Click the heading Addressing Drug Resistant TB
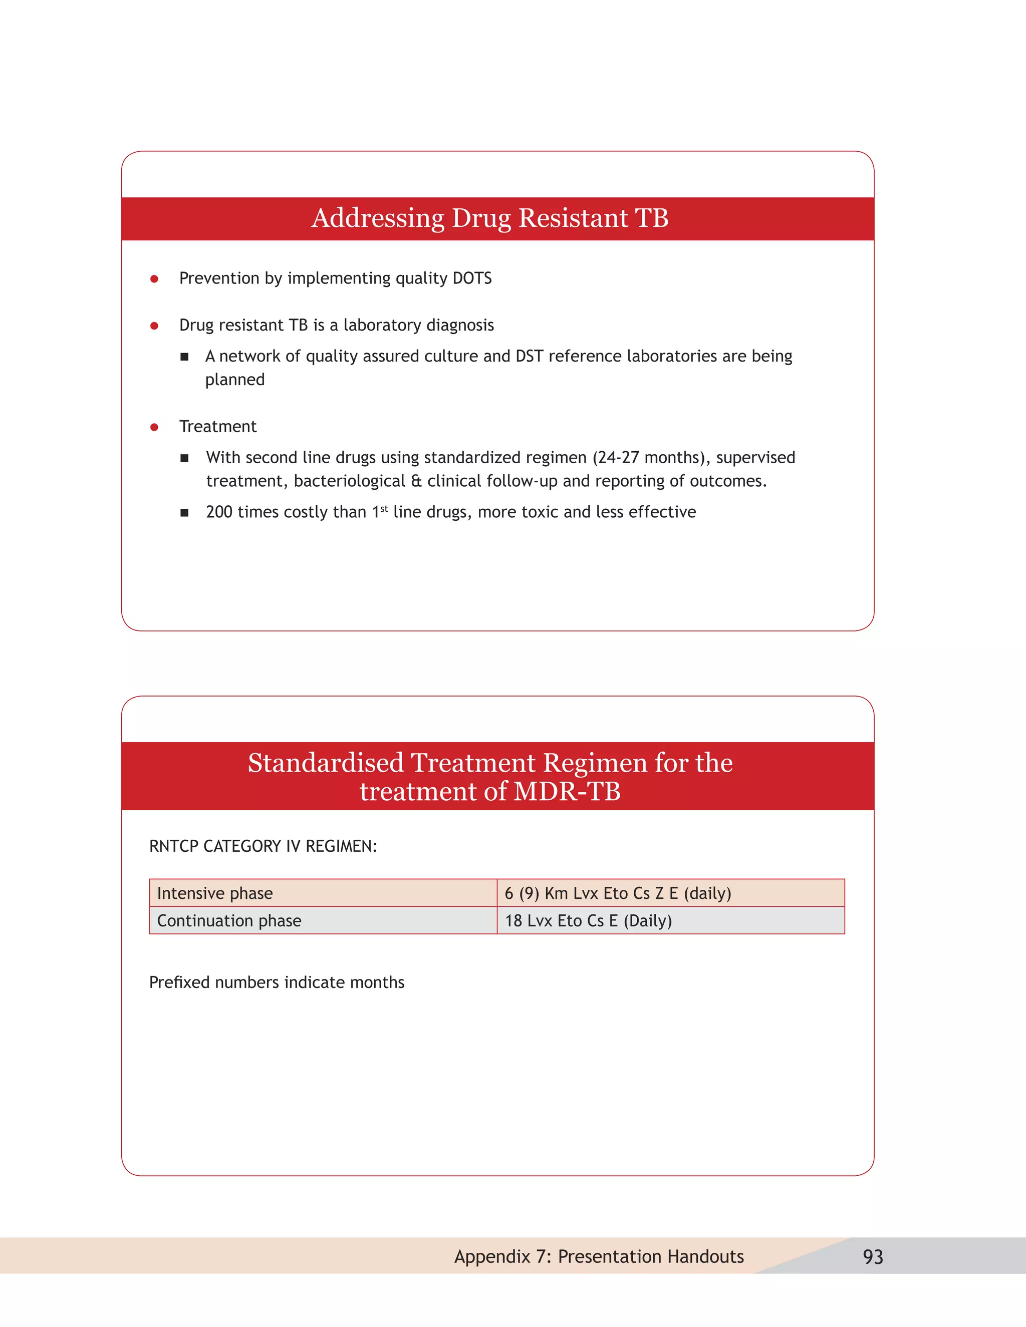(x=490, y=218)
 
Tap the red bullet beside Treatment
(x=154, y=427)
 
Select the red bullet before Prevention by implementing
(x=154, y=279)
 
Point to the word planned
(x=234, y=381)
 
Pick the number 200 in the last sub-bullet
(x=219, y=512)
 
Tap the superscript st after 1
(x=384, y=509)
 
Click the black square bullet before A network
(x=184, y=357)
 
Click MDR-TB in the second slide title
(x=567, y=792)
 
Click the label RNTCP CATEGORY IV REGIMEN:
(x=263, y=846)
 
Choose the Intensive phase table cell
(x=323, y=893)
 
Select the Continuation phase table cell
(x=323, y=920)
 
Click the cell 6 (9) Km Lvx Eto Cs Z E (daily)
(x=670, y=893)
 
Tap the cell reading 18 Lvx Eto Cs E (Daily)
(x=670, y=920)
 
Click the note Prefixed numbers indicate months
(x=277, y=982)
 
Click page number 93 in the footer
(x=873, y=1256)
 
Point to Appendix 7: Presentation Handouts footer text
(x=599, y=1256)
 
